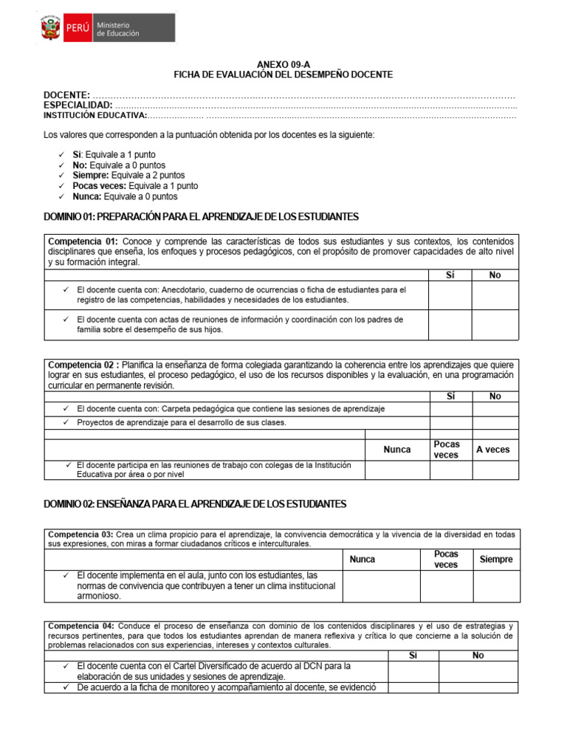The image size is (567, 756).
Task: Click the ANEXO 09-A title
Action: point(283,64)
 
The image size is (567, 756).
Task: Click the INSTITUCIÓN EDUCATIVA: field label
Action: point(95,116)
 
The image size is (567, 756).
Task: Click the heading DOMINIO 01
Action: point(201,216)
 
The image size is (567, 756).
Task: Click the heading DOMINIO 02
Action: point(195,504)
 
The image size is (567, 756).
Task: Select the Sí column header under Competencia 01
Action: point(450,275)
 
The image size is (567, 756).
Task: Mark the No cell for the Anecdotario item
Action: point(495,295)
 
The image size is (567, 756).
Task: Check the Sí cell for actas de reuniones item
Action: point(450,325)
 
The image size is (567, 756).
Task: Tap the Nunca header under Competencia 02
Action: point(397,450)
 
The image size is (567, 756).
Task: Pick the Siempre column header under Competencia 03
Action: point(495,560)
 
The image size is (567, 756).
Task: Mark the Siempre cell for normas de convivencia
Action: point(495,585)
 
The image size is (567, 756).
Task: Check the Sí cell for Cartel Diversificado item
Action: point(413,671)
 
